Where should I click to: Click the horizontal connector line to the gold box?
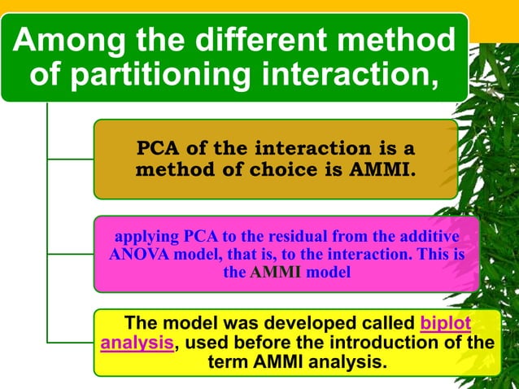[70, 158]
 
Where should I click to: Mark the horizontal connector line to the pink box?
[70, 251]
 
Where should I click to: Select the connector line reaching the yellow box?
[70, 340]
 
